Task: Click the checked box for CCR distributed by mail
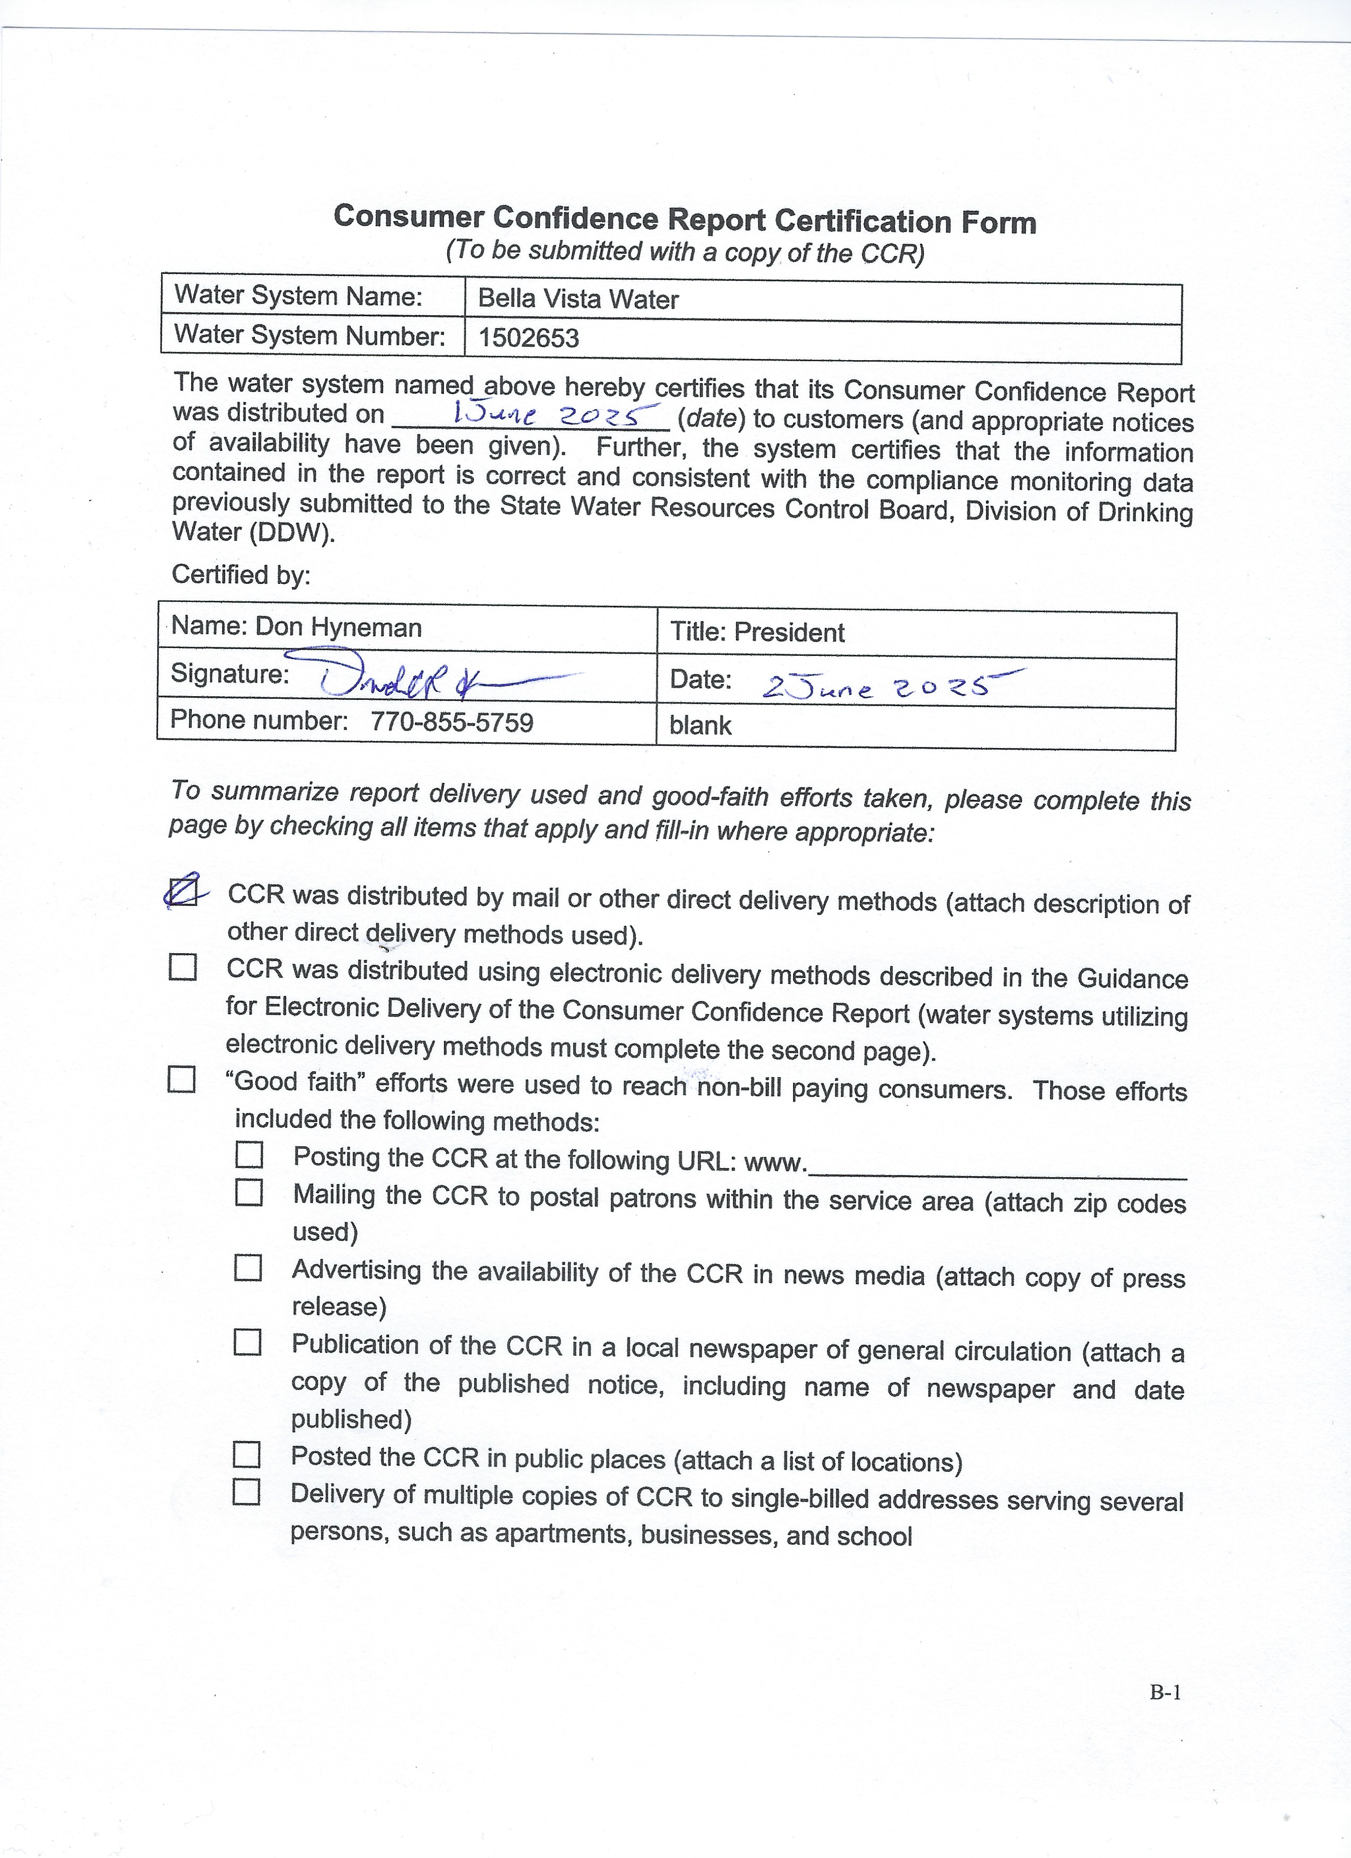pos(182,892)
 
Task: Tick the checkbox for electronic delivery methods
pos(182,967)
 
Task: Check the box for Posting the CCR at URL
pos(249,1155)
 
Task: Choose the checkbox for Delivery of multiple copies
pos(246,1492)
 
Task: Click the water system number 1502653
pos(528,337)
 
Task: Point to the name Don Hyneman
pos(339,627)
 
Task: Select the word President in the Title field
pos(789,633)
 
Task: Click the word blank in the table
pos(700,725)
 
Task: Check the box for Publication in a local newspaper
pos(247,1342)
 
